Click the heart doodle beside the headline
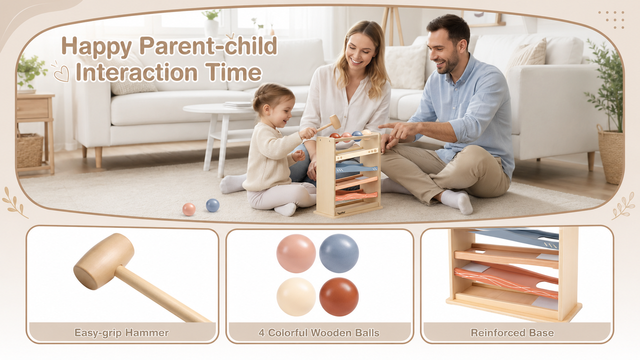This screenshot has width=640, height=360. pos(62,73)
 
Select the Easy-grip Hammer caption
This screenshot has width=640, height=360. pos(122,333)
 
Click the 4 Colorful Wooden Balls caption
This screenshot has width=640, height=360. pos(319,333)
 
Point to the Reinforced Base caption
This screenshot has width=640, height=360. pos(512,333)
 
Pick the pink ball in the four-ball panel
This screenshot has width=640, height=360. pos(296,253)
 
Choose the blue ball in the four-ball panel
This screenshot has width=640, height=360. pos(339,253)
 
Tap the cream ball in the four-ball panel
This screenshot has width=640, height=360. pos(296,297)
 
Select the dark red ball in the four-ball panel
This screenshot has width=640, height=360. pos(339,297)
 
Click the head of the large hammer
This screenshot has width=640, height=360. pos(104,261)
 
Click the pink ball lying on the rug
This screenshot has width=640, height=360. pos(189,209)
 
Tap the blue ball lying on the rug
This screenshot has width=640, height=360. pos(213,205)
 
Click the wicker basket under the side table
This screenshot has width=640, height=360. pos(30,150)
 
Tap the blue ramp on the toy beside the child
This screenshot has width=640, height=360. pos(356,168)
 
